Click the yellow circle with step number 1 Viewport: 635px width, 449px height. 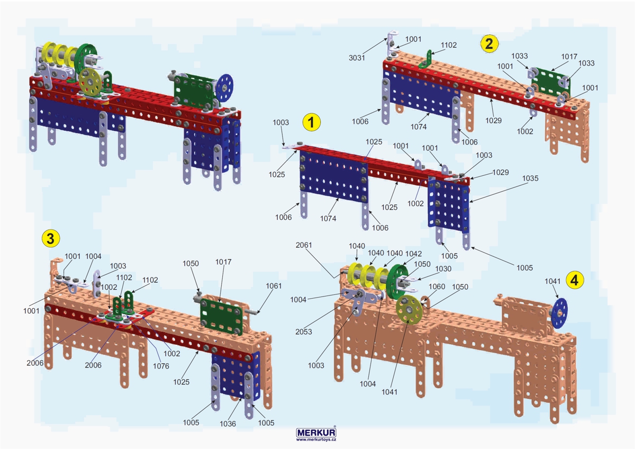(x=311, y=122)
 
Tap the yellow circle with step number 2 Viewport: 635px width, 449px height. (x=488, y=43)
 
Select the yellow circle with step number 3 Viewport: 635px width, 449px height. (x=50, y=238)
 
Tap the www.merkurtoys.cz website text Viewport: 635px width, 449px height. (x=316, y=439)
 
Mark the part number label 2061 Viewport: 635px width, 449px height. (x=304, y=245)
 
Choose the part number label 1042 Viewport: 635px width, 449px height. (x=413, y=253)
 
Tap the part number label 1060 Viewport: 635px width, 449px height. (x=437, y=286)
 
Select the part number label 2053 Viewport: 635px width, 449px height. (x=304, y=332)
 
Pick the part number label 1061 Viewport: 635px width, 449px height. (x=274, y=286)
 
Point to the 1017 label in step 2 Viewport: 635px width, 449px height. (x=569, y=56)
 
